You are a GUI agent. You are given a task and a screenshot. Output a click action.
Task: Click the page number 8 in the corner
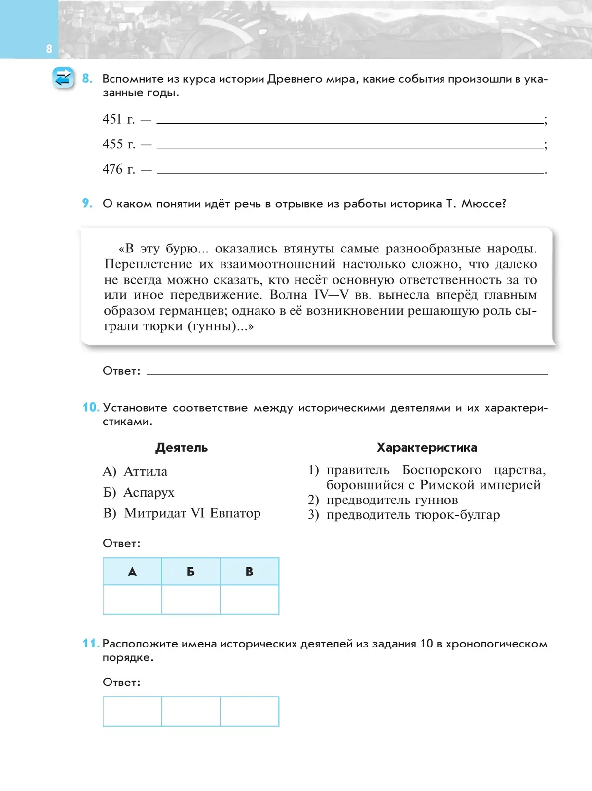coord(49,49)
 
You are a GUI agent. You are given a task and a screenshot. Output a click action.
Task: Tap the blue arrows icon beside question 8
coord(63,78)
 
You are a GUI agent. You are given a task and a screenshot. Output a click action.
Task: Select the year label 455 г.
coord(118,144)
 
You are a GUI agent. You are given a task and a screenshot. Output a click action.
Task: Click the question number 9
coord(87,203)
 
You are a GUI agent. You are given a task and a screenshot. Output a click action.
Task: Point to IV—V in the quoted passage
coord(331,295)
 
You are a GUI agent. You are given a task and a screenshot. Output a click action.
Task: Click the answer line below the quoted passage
coord(347,372)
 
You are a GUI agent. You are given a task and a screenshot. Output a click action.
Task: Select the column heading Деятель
coord(182,448)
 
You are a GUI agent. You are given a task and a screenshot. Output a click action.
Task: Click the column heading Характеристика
coord(427,448)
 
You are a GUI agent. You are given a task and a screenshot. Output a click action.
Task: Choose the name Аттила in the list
coord(145,472)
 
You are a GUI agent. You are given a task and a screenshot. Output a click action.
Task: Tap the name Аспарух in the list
coord(148,493)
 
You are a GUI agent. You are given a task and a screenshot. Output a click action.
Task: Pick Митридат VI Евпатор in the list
coord(192,513)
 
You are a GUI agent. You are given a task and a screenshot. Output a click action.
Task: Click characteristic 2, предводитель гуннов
coord(392,500)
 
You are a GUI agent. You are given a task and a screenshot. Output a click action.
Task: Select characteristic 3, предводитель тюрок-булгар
coord(413,515)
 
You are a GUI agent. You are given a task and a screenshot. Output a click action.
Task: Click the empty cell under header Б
coord(191,600)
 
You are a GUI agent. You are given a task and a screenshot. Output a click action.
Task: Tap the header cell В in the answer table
coord(249,572)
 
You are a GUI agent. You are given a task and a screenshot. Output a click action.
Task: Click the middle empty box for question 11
coord(191,712)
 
